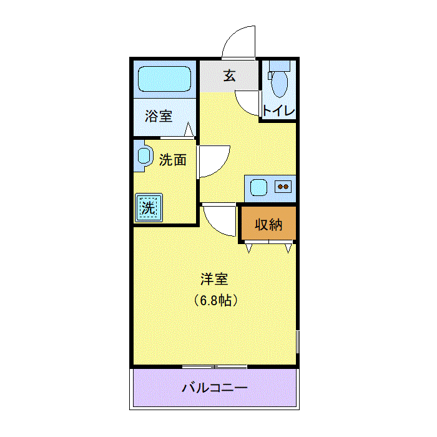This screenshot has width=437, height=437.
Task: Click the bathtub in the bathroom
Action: [x=164, y=79]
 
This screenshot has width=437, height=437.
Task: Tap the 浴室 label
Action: [x=159, y=116]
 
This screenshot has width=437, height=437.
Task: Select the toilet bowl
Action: [x=279, y=84]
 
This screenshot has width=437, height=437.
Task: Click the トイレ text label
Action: [x=278, y=110]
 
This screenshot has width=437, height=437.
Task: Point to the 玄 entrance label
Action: [x=229, y=76]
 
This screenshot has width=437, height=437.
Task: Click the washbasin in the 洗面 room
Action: [x=144, y=156]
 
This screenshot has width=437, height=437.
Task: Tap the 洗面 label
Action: [x=172, y=160]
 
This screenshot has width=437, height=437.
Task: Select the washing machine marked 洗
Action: [x=149, y=208]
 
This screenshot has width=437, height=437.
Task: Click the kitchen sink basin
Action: [x=258, y=187]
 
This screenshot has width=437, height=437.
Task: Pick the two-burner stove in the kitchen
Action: [x=283, y=187]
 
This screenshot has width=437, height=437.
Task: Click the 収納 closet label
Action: [x=268, y=225]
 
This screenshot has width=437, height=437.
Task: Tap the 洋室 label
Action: [x=214, y=279]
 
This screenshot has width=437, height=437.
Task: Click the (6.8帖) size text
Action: [x=216, y=300]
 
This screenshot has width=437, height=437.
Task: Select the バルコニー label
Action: [x=215, y=388]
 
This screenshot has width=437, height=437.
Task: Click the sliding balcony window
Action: [x=214, y=367]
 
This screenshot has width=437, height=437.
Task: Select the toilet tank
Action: [x=280, y=66]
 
